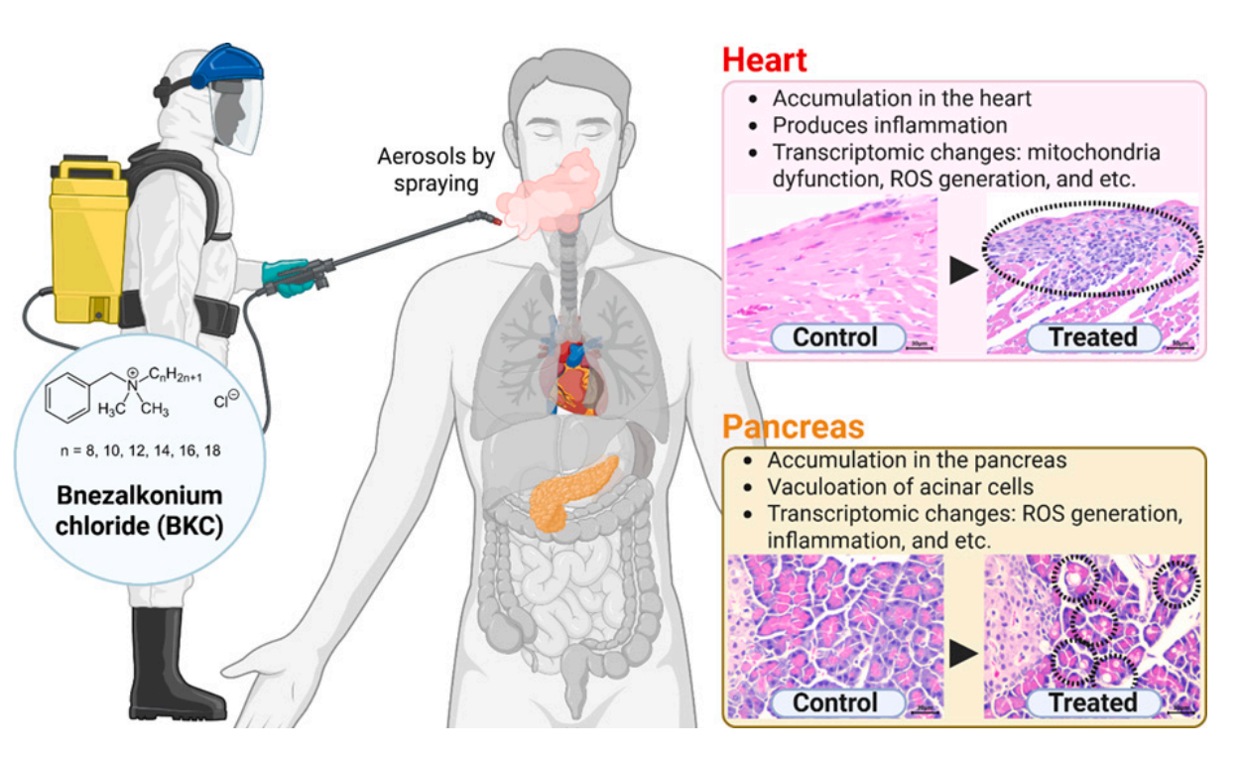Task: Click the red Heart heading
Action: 764,60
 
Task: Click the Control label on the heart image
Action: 835,337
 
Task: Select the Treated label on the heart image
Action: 1092,337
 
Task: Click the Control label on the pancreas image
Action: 835,702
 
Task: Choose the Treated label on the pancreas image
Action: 1092,702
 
